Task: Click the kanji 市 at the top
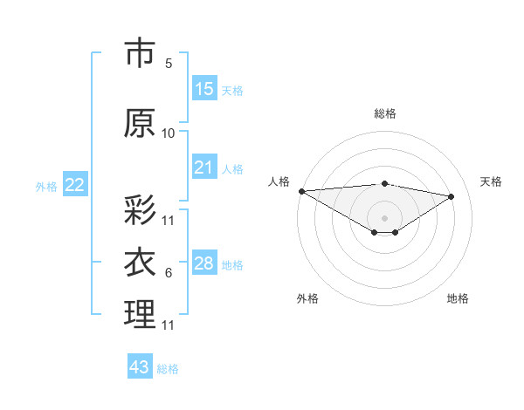pos(140,54)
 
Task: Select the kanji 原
pos(140,124)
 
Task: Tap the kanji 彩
pos(140,210)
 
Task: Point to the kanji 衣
pos(140,263)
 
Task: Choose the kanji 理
pos(140,315)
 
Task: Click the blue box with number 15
pos(204,89)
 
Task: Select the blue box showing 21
pos(204,167)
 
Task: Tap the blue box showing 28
pos(204,263)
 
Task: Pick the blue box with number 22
pos(75,185)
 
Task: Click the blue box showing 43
pos(140,367)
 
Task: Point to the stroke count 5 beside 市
pos(168,64)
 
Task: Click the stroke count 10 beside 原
pos(168,133)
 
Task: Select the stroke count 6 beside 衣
pos(168,273)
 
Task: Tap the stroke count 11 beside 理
pos(168,325)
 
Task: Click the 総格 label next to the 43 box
pos(168,369)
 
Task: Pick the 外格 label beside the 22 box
pos(46,186)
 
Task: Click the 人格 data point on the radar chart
pos(301,191)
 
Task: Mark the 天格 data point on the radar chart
pos(452,195)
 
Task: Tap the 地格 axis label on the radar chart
pos(458,298)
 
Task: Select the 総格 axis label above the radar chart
pos(384,113)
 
